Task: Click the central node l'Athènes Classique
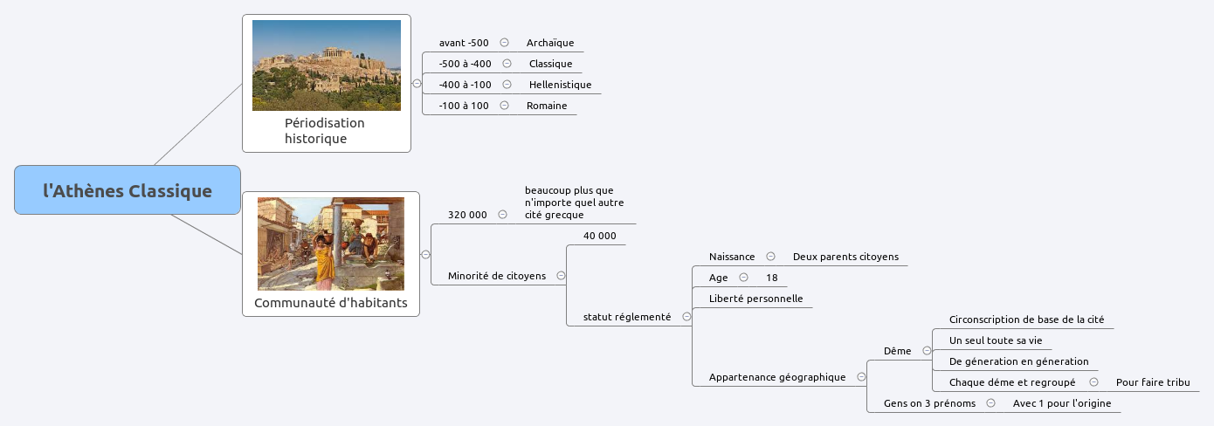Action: pos(128,190)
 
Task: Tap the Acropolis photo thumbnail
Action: pos(327,65)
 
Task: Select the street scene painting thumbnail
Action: pos(331,244)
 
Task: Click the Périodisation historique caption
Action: pos(325,131)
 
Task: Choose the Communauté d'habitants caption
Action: pos(331,303)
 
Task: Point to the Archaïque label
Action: pos(550,43)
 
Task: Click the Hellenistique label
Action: pos(561,85)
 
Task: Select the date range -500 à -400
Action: pos(465,64)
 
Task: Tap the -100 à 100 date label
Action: pos(464,106)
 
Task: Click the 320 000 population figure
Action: pos(467,215)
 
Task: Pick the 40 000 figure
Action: pos(599,236)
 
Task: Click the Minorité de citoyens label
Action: pos(496,276)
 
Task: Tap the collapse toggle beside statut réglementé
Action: pos(686,317)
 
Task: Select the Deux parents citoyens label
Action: pos(845,257)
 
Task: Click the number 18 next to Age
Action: pos(772,278)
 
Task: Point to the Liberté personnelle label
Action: pos(755,299)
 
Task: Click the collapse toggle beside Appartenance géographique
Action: pos(861,377)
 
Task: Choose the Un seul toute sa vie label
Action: pos(996,340)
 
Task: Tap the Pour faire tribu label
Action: pos(1153,382)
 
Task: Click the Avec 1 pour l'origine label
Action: pos(1062,403)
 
